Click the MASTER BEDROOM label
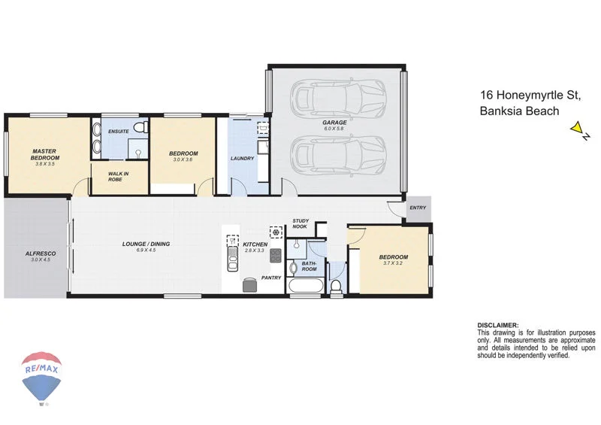pos(45,154)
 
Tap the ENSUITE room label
pos(118,132)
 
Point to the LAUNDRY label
pos(242,159)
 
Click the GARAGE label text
pos(334,122)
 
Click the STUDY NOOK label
pos(300,224)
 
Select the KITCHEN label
pos(254,244)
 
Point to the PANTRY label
pos(271,278)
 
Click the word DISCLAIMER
pos(498,326)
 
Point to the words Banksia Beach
pos(519,111)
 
